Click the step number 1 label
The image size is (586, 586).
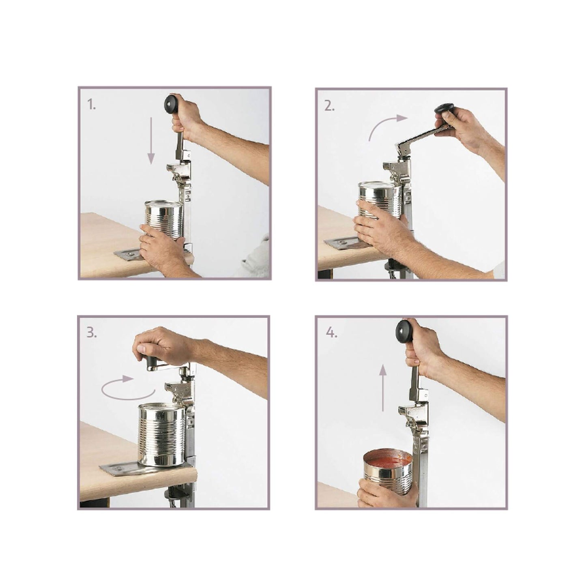pyautogui.click(x=92, y=105)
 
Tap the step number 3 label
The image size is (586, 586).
pyautogui.click(x=92, y=333)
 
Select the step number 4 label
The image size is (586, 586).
pyautogui.click(x=332, y=334)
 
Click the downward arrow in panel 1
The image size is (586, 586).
pyautogui.click(x=151, y=140)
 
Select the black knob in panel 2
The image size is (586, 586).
pyautogui.click(x=444, y=109)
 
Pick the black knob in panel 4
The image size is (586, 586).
pyautogui.click(x=404, y=330)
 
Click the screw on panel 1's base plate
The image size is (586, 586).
pyautogui.click(x=131, y=253)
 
